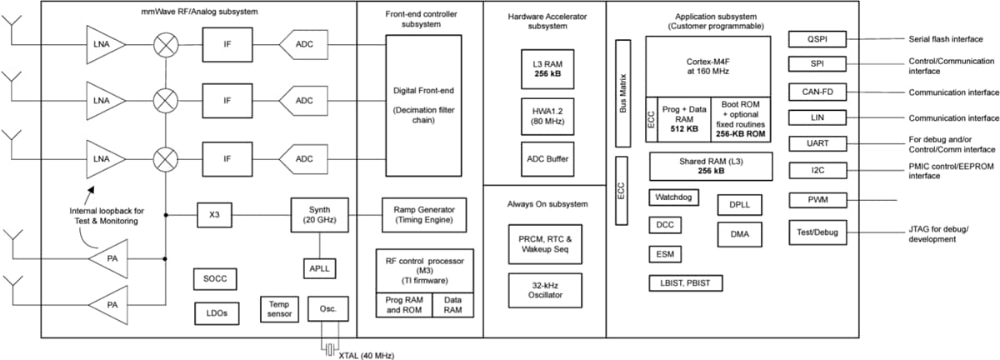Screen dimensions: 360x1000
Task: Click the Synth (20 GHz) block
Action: tap(320, 215)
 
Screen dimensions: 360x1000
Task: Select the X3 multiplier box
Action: tap(215, 215)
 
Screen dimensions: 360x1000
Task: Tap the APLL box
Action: tap(320, 267)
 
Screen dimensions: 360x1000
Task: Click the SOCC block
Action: tap(215, 278)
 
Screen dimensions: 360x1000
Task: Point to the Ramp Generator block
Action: tap(423, 215)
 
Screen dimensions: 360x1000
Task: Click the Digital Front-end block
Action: tap(423, 105)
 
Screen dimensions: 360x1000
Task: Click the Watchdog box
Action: tap(673, 198)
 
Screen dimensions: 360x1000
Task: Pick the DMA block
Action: tap(739, 235)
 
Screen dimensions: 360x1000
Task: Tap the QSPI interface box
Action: tap(817, 39)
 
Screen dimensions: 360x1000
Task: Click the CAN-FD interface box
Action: tap(817, 92)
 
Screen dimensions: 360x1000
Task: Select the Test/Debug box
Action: tap(817, 230)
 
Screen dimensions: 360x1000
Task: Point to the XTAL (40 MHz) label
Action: tap(366, 355)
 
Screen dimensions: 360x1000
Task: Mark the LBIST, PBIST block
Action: tap(685, 284)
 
